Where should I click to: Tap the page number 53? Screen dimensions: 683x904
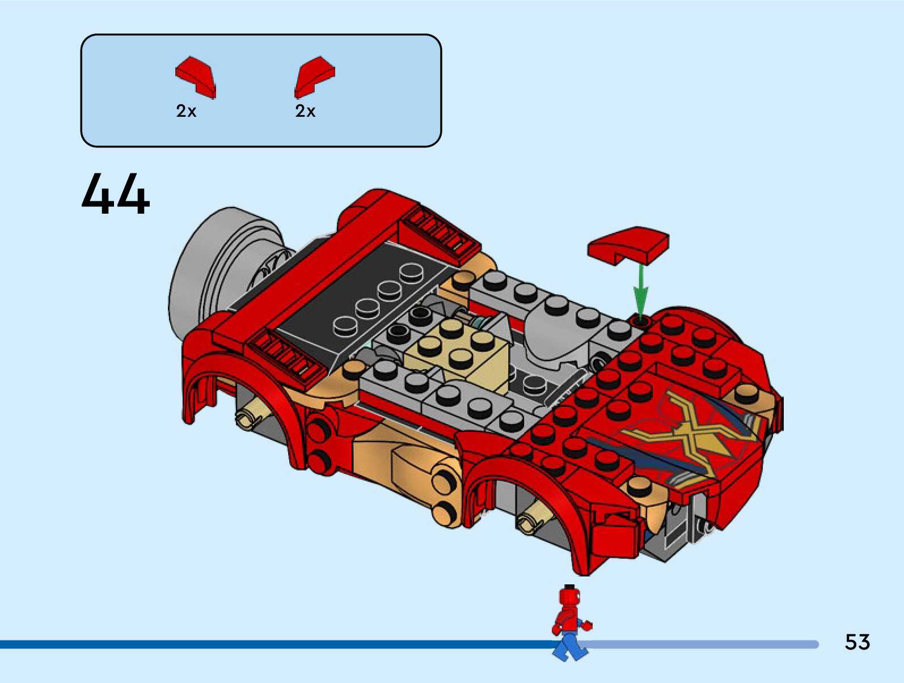pyautogui.click(x=857, y=642)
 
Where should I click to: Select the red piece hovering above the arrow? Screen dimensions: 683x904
pyautogui.click(x=628, y=245)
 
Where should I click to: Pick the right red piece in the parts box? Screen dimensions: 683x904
pyautogui.click(x=314, y=77)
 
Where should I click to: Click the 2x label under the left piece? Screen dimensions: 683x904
pyautogui.click(x=186, y=111)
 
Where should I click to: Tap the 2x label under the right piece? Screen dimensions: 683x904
pyautogui.click(x=305, y=111)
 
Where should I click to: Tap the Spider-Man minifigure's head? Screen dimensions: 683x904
pyautogui.click(x=568, y=597)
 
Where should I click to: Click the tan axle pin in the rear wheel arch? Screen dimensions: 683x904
pyautogui.click(x=250, y=418)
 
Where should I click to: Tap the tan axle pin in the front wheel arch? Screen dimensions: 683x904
pyautogui.click(x=527, y=519)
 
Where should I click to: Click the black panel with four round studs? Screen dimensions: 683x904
pyautogui.click(x=363, y=295)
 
